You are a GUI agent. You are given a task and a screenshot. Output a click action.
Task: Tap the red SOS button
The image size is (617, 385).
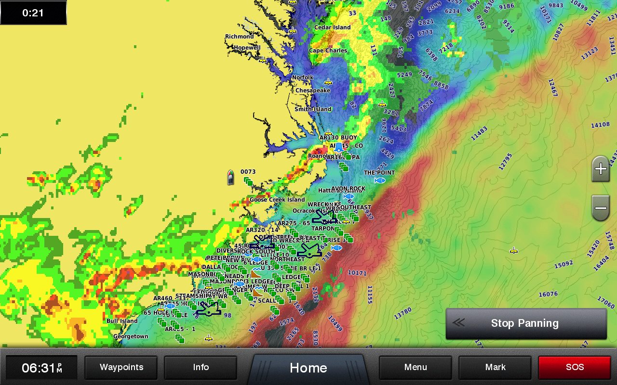(575, 368)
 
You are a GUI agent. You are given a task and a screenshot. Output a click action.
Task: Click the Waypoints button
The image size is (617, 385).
(121, 368)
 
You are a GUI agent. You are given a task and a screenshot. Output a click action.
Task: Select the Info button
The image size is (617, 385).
(201, 368)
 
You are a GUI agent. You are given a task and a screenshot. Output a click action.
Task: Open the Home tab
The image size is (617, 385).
(308, 368)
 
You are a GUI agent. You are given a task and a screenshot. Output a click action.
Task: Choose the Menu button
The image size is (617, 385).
(416, 368)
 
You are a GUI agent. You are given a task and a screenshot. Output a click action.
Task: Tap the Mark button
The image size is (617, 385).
(495, 368)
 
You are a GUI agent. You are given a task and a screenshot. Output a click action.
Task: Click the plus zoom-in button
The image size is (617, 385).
(601, 169)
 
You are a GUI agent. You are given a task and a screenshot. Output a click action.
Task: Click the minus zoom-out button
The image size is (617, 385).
(601, 208)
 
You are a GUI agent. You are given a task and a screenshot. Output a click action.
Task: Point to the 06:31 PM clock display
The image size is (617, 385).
(41, 368)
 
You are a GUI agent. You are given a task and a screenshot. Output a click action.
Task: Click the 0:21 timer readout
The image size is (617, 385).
(33, 13)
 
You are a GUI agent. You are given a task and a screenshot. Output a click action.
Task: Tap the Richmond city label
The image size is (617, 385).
(239, 37)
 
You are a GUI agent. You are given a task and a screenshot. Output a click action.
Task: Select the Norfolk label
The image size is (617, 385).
(303, 77)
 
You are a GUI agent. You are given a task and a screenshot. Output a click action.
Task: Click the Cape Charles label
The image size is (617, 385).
(328, 51)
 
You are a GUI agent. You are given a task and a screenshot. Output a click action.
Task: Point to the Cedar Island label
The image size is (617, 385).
(332, 27)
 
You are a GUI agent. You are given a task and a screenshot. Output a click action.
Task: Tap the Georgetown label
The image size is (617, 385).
(131, 336)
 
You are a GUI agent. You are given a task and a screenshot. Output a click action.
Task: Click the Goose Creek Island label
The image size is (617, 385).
(277, 200)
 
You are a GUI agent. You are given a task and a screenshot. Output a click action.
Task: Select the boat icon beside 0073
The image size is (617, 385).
(230, 178)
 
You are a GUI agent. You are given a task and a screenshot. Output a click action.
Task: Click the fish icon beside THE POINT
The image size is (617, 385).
(380, 180)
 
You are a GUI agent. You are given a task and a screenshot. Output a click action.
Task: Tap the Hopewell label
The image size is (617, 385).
(247, 48)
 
